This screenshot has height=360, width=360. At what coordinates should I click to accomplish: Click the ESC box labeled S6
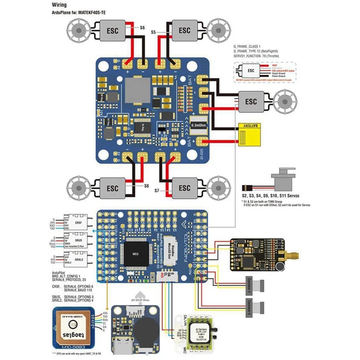(x=112, y=31)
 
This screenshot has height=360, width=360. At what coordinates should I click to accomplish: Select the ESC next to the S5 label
(x=184, y=31)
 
